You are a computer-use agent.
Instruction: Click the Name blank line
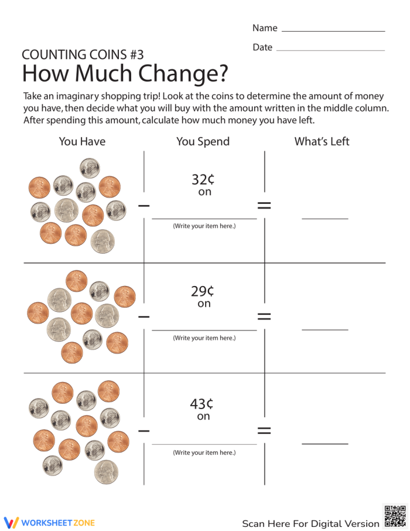[x=333, y=30]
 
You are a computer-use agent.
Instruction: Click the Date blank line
[x=330, y=50]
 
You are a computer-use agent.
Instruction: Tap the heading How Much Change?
[x=125, y=74]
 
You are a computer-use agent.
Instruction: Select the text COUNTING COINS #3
[x=83, y=55]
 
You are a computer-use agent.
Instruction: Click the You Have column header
[x=82, y=141]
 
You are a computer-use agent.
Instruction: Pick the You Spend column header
[x=203, y=141]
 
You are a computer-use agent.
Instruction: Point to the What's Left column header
[x=322, y=141]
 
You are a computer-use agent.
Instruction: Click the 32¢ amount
[x=203, y=179]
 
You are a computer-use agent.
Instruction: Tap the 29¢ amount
[x=203, y=291]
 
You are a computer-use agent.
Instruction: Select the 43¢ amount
[x=201, y=404]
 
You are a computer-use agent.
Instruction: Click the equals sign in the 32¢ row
[x=264, y=205]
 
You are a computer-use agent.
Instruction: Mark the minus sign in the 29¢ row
[x=143, y=317]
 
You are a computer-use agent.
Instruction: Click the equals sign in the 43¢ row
[x=264, y=430]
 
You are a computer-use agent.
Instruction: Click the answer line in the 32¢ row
[x=324, y=218]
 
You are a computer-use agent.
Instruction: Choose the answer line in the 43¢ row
[x=324, y=444]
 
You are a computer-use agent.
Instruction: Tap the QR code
[x=394, y=516]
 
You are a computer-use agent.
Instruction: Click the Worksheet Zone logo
[x=49, y=522]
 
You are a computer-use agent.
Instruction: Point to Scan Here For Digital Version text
[x=310, y=523]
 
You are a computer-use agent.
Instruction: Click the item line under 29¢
[x=204, y=330]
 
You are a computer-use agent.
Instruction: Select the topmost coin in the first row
[x=90, y=168]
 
